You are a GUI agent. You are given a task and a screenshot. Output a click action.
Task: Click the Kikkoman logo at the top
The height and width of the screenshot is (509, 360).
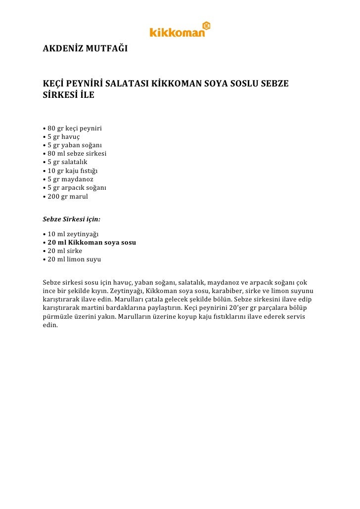point(180,30)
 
